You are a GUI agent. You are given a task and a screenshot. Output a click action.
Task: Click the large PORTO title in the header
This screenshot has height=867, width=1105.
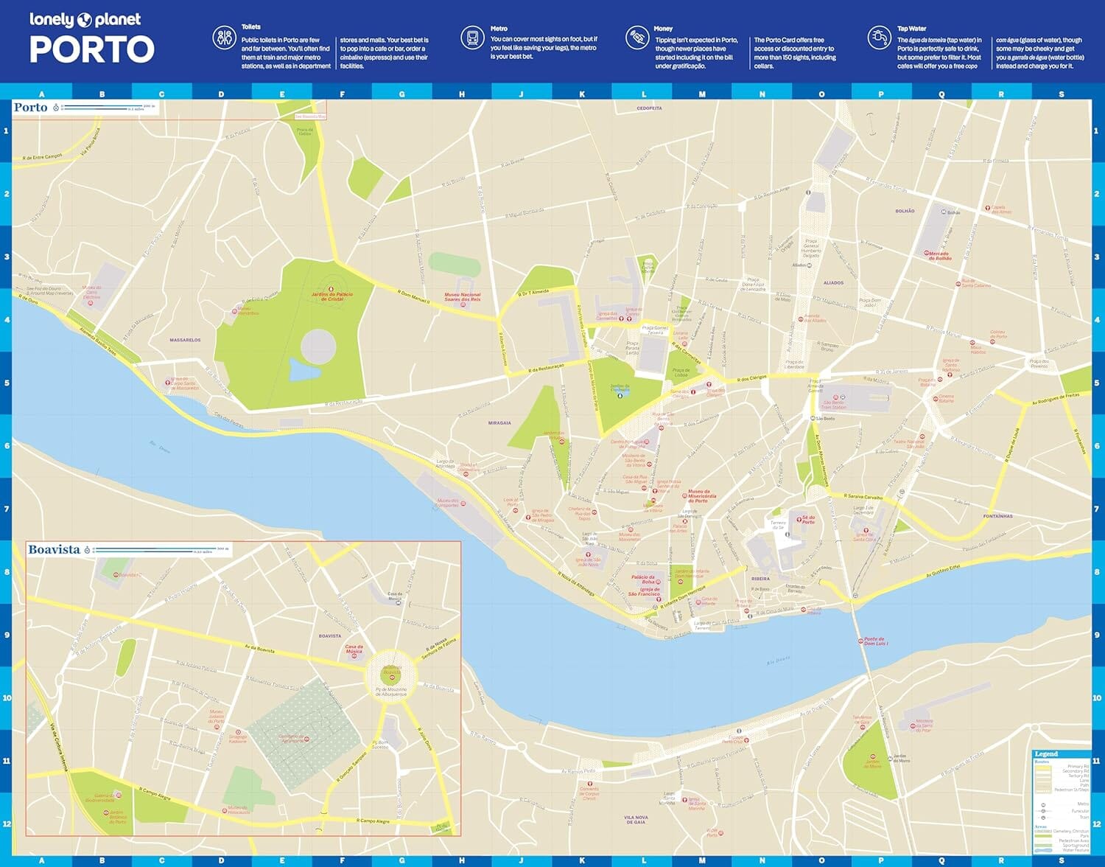click(92, 50)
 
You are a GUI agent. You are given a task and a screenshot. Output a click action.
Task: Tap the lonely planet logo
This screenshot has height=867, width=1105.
click(85, 20)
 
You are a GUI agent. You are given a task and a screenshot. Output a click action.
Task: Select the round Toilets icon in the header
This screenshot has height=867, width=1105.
click(224, 38)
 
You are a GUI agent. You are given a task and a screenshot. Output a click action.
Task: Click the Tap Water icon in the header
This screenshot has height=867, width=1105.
click(879, 37)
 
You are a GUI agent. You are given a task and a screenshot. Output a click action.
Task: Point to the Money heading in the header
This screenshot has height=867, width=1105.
click(663, 29)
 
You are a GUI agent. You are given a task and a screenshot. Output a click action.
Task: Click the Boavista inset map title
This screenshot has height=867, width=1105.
click(54, 549)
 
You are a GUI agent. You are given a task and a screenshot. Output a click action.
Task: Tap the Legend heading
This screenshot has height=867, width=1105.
click(1046, 753)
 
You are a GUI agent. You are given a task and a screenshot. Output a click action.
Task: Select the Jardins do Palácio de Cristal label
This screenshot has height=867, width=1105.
click(331, 296)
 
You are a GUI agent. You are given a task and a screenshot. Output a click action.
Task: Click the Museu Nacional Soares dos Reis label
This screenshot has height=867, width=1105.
click(462, 296)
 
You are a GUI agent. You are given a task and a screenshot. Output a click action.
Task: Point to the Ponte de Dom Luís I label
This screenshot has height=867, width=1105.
click(875, 641)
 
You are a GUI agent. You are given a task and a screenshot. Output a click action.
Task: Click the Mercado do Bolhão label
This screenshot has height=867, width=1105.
click(939, 256)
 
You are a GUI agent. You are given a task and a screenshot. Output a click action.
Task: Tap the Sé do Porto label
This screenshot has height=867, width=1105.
click(808, 520)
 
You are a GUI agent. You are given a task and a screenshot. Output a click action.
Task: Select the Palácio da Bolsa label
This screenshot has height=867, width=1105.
click(642, 579)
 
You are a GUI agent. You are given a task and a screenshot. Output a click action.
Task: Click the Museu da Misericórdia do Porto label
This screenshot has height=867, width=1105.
click(699, 495)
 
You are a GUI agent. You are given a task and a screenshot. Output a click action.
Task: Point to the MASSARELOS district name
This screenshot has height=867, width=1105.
click(185, 340)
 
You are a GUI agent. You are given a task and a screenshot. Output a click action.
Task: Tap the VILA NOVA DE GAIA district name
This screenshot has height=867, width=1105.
click(636, 819)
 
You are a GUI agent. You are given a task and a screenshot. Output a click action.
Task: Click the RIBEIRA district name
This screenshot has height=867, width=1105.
click(760, 579)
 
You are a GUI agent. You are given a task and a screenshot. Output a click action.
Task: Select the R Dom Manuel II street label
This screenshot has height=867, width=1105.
click(413, 296)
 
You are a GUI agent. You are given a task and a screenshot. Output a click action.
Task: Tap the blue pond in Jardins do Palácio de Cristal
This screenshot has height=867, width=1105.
click(301, 369)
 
